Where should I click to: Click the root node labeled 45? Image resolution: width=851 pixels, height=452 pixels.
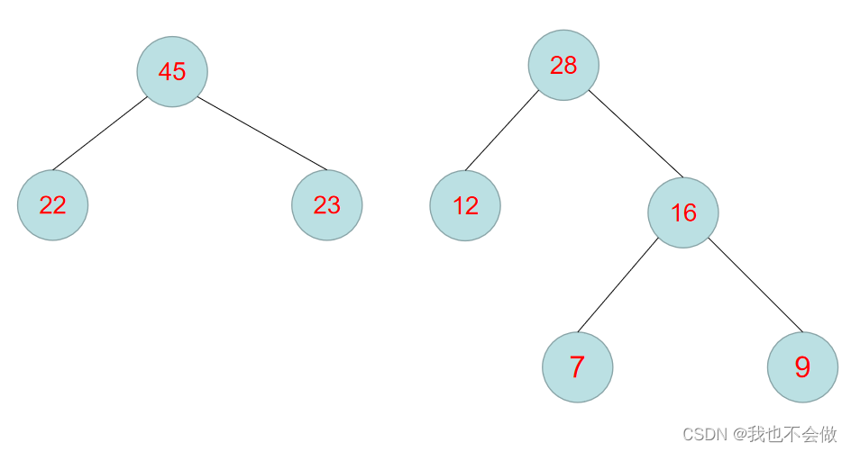[172, 72]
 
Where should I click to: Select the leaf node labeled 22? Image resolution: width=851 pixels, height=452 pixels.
[52, 205]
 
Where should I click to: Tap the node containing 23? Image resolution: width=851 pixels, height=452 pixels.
[326, 205]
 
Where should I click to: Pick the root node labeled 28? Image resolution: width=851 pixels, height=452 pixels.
[563, 65]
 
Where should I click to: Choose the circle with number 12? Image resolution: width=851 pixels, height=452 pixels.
[465, 205]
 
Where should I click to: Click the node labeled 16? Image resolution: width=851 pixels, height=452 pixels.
[683, 212]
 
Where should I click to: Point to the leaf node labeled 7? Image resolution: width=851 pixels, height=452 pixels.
[577, 367]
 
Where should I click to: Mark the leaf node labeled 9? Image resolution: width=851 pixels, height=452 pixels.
[802, 367]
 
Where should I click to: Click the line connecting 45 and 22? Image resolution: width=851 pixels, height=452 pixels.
[100, 132]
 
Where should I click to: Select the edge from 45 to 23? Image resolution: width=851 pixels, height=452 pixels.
[261, 132]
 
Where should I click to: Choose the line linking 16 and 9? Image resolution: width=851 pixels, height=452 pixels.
[755, 284]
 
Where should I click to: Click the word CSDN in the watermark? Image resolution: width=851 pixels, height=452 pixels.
[705, 435]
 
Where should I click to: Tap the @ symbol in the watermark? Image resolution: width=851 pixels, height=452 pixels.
[738, 435]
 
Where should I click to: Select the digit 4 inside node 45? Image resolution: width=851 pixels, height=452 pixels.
[165, 72]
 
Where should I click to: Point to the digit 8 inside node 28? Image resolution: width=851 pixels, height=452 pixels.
[571, 65]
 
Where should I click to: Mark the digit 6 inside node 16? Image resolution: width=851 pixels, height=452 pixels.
[691, 212]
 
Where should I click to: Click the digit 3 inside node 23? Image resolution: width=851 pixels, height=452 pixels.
[334, 205]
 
